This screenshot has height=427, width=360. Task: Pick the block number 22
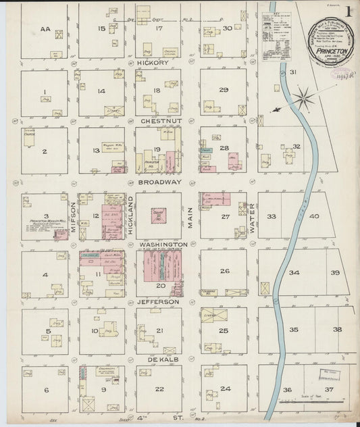[x=159, y=389]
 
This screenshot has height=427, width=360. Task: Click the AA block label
[x=46, y=29]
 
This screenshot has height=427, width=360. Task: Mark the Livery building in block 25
[x=211, y=315]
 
